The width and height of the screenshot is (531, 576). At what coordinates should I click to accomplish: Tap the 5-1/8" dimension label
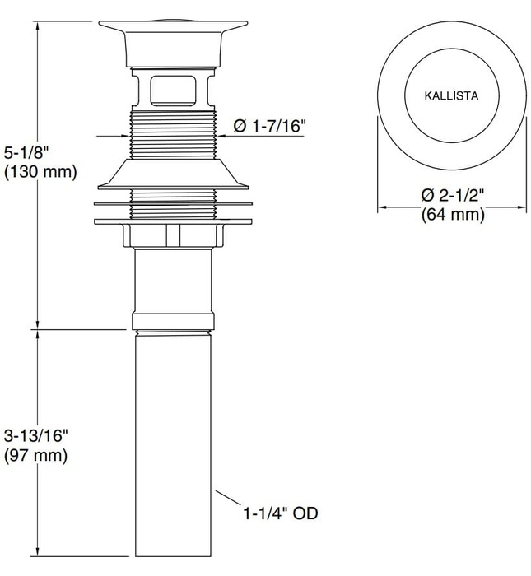click(29, 153)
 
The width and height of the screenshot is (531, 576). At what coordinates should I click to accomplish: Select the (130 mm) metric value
click(40, 172)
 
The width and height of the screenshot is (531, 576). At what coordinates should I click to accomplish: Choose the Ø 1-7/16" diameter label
click(270, 126)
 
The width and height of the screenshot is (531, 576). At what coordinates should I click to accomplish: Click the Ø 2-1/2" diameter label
click(452, 196)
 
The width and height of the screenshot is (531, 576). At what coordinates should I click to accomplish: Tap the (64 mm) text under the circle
click(452, 215)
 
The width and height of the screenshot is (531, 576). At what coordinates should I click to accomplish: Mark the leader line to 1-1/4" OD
click(231, 503)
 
